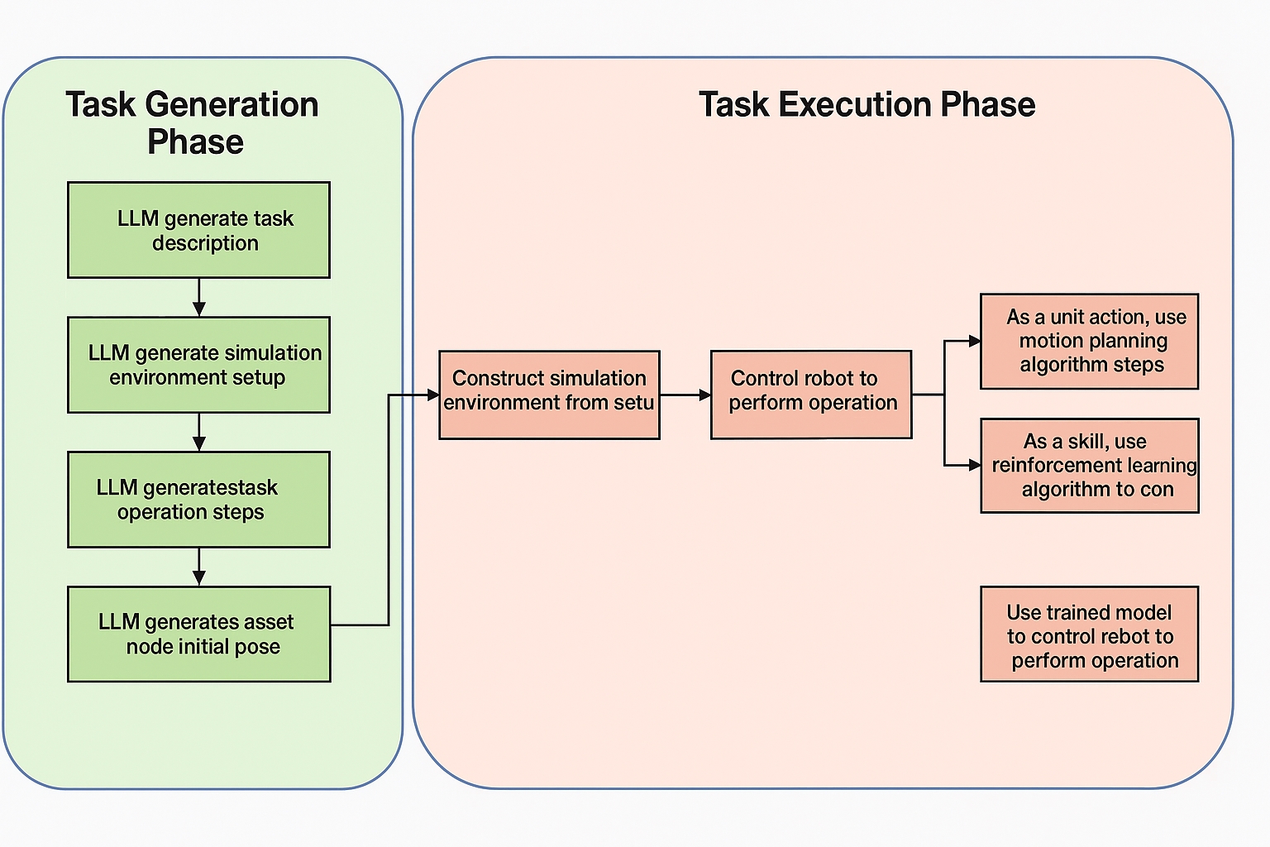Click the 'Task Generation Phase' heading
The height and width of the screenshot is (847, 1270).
tap(193, 122)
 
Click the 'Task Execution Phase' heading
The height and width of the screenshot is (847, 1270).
tap(867, 105)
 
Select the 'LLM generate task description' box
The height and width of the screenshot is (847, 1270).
tap(198, 230)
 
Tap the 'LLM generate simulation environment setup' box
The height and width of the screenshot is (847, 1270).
tap(198, 365)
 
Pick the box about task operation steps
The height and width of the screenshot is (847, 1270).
tap(198, 500)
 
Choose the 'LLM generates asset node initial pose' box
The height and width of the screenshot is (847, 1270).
tap(198, 634)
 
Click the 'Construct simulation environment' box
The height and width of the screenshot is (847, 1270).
tap(549, 395)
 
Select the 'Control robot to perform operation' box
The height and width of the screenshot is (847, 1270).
tap(811, 395)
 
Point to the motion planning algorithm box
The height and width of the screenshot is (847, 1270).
tap(1089, 341)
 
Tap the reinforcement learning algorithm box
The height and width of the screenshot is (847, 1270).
tap(1089, 466)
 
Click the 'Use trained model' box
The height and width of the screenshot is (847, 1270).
tap(1089, 634)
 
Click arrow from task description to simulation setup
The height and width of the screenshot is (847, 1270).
tap(198, 297)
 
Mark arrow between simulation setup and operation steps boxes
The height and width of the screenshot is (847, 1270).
tap(198, 432)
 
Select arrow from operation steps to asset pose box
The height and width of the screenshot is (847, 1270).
tap(198, 567)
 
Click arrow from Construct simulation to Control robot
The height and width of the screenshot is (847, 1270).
tap(685, 395)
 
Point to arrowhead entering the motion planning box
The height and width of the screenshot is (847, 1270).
tap(975, 341)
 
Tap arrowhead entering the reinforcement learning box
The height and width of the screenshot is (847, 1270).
tap(975, 466)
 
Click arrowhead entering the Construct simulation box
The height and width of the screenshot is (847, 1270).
tap(432, 395)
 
